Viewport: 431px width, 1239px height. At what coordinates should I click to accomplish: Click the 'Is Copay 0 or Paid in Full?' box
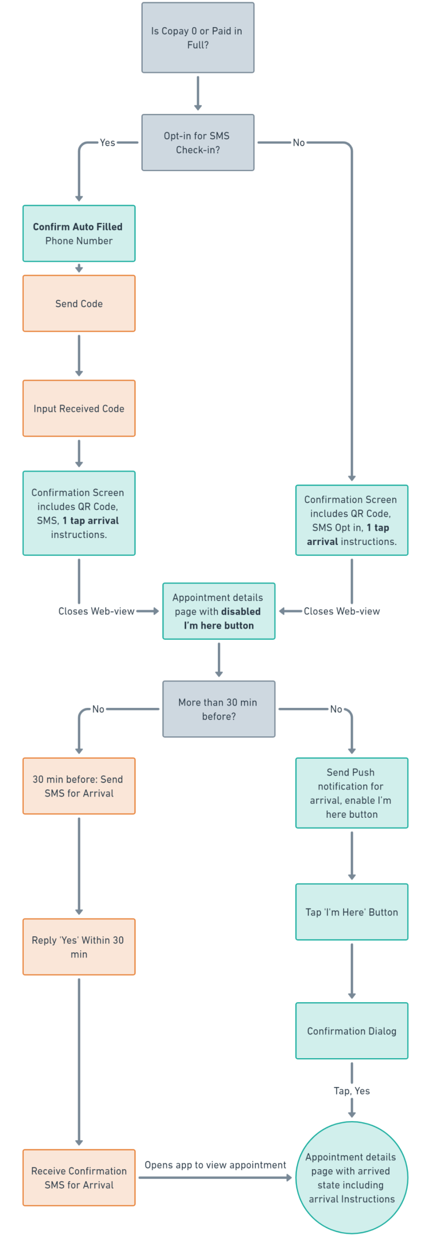(198, 38)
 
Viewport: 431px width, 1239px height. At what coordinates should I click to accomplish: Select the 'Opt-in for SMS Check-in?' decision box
(198, 143)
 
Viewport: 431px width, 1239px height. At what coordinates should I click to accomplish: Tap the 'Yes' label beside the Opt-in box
(107, 142)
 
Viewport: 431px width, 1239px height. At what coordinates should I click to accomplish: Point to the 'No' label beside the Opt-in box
(299, 142)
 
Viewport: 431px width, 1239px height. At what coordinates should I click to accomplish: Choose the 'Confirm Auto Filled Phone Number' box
(79, 233)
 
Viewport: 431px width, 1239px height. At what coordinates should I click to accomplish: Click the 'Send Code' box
(79, 303)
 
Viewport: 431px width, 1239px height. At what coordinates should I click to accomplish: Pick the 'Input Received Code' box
(79, 409)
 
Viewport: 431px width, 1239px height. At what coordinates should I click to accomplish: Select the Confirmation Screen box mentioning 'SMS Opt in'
(351, 520)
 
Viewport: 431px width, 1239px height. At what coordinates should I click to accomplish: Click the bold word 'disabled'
(241, 611)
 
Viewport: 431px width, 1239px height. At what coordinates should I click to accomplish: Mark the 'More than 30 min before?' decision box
(218, 709)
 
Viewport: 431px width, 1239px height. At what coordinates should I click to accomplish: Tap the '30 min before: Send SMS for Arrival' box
(79, 786)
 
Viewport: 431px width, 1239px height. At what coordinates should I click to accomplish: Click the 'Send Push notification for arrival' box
(351, 793)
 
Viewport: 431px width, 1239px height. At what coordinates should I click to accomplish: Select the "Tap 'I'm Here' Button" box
(351, 912)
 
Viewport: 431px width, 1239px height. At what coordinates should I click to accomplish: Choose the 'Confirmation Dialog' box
(351, 1031)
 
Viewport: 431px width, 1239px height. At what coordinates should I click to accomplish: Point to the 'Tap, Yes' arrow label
(351, 1091)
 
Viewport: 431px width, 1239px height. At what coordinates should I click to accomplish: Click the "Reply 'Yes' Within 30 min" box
(79, 947)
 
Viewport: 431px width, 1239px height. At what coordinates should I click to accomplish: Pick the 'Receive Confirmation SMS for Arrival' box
(79, 1178)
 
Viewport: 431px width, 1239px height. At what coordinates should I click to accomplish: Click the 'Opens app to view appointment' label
(215, 1165)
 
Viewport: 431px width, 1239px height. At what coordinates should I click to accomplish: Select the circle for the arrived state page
(351, 1178)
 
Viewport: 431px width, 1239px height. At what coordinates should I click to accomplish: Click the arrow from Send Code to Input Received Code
(79, 355)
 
